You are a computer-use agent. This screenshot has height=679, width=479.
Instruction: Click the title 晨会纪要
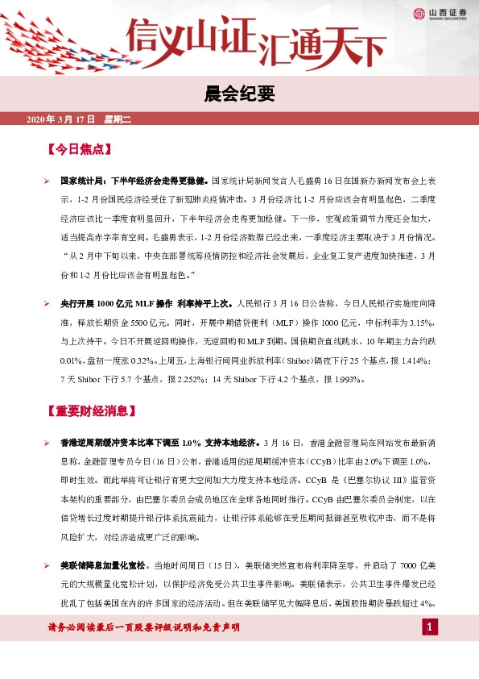[x=239, y=94]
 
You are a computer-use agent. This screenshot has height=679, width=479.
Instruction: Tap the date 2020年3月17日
[x=61, y=120]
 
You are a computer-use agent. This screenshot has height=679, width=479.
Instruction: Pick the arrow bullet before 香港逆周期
[x=47, y=444]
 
